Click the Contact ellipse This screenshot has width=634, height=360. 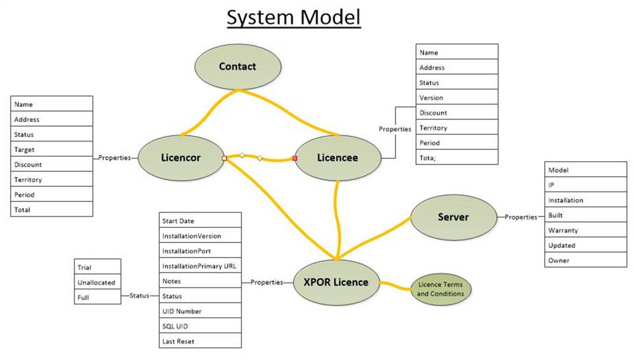(x=238, y=67)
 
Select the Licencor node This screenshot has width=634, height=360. (x=181, y=159)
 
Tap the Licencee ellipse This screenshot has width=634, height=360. (x=337, y=159)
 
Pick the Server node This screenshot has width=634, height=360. (x=453, y=217)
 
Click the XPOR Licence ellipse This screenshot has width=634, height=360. (x=336, y=283)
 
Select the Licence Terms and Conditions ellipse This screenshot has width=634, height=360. (x=441, y=289)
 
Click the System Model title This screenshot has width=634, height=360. (x=294, y=18)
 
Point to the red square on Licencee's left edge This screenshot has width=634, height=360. (x=295, y=159)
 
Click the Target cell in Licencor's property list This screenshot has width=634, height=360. (x=52, y=150)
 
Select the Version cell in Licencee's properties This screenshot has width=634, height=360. (x=456, y=98)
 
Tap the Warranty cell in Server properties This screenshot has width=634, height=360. (x=585, y=231)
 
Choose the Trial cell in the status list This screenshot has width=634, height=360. (x=97, y=268)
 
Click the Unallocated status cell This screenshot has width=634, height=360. (x=97, y=283)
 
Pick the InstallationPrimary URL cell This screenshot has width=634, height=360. (x=200, y=266)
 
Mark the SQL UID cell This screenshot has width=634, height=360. (x=200, y=326)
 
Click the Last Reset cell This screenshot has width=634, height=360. (x=200, y=342)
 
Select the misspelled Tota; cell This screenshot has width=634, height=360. (x=456, y=158)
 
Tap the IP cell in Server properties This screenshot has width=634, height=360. (x=585, y=185)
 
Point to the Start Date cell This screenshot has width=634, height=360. (x=200, y=221)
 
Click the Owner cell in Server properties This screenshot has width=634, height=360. (x=585, y=260)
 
